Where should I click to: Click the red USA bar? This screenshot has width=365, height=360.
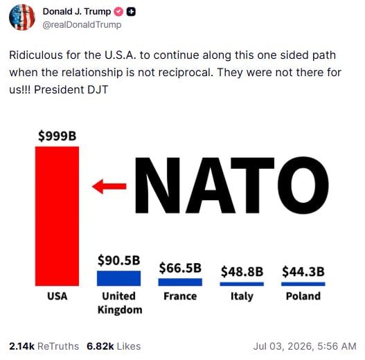(57, 216)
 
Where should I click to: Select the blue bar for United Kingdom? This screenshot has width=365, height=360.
(118, 278)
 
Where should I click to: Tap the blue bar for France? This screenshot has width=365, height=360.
(180, 282)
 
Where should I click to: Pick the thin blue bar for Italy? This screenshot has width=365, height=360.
(242, 284)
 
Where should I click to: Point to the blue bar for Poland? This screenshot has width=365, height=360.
(303, 284)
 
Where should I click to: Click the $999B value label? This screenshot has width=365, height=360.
(57, 136)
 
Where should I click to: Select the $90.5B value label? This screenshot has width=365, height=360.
(118, 260)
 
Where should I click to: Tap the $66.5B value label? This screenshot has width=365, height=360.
(180, 268)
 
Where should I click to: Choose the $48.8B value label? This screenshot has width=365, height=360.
(242, 271)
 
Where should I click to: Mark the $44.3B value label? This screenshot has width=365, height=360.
(303, 271)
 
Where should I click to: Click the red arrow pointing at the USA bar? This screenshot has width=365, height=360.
(109, 186)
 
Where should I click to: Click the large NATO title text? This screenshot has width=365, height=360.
(232, 186)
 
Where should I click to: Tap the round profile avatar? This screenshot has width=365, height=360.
(22, 17)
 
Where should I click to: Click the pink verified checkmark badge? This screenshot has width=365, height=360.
(118, 12)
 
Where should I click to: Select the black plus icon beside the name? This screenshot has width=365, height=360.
(131, 12)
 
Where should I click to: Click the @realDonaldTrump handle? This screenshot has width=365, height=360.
(82, 25)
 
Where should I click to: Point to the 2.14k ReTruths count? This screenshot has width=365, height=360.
(44, 346)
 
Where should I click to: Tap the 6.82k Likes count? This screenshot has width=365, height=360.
(114, 346)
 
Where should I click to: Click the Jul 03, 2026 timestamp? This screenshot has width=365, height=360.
(305, 346)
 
